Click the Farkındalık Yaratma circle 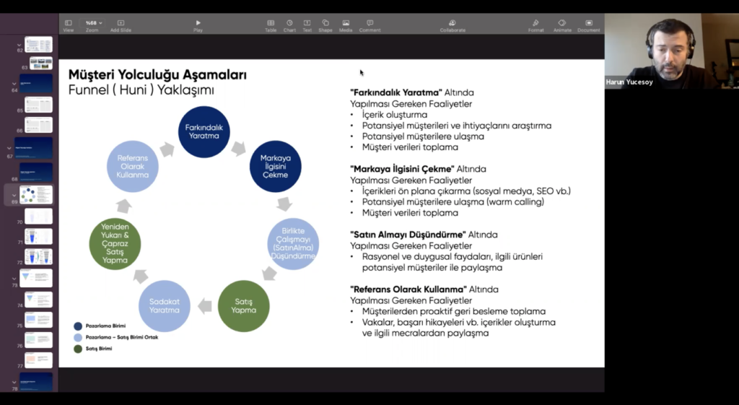(x=204, y=132)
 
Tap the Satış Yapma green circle (x=243, y=306)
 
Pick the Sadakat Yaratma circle (x=164, y=306)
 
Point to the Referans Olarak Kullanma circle (x=132, y=165)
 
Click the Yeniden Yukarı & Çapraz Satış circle (x=115, y=245)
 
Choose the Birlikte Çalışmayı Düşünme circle (x=293, y=243)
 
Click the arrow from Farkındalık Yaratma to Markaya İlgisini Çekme (x=239, y=148)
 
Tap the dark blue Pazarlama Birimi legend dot (x=78, y=326)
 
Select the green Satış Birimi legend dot (x=78, y=349)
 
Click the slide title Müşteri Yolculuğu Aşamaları (x=157, y=75)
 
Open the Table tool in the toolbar (x=271, y=25)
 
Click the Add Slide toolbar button (x=121, y=25)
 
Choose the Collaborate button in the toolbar (x=452, y=25)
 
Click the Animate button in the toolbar (x=562, y=25)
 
